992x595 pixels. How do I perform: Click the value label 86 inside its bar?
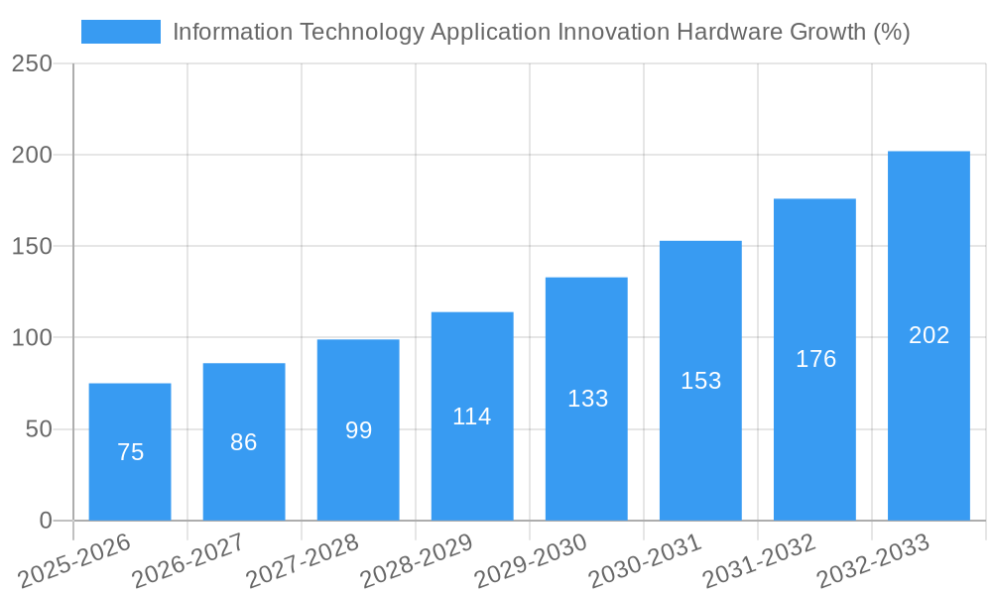point(244,442)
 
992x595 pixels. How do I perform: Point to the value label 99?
point(358,430)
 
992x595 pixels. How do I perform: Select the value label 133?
point(587,399)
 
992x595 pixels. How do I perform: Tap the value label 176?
point(815,359)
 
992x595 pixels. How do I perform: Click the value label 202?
point(930,335)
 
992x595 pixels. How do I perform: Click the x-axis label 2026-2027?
point(187,560)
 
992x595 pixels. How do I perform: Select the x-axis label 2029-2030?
point(530,560)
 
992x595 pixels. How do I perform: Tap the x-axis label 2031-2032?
point(758,560)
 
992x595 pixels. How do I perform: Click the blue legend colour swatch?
point(120,32)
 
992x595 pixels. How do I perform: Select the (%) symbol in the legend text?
point(891,32)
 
